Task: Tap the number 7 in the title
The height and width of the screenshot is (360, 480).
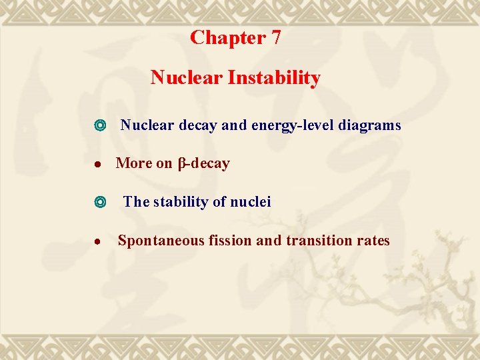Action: (x=276, y=38)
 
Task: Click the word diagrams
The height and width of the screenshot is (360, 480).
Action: (x=370, y=125)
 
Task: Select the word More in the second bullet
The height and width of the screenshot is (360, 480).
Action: (x=134, y=163)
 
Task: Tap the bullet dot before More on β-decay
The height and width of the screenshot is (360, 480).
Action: (x=100, y=164)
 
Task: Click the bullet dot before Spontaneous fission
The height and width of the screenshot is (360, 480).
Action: (x=100, y=241)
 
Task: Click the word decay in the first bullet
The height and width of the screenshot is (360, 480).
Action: (x=197, y=125)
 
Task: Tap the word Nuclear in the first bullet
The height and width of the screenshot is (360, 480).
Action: (x=147, y=125)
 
